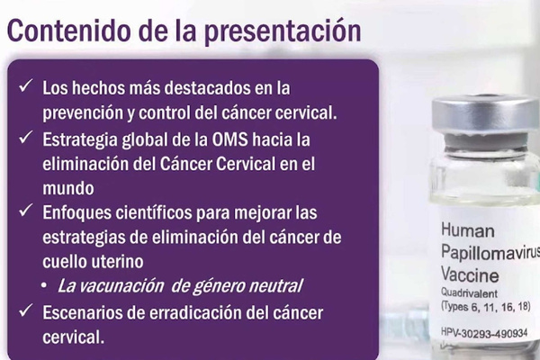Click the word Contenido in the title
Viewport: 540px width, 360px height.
[68, 31]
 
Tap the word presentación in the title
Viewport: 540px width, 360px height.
[283, 32]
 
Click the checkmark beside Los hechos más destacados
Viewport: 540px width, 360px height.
[26, 85]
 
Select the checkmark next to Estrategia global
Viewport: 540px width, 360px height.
[26, 137]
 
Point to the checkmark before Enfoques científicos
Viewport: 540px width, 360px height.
[26, 210]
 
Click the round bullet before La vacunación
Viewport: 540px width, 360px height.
[44, 285]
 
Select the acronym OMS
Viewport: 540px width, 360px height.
[229, 139]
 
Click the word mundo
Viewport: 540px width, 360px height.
[68, 188]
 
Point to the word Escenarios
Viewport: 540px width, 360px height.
[82, 313]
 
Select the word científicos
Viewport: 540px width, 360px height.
[154, 212]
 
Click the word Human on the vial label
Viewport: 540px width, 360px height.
[468, 230]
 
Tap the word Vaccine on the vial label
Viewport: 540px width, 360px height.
[470, 274]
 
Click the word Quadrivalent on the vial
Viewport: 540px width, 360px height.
[469, 293]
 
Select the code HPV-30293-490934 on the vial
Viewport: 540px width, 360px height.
[484, 333]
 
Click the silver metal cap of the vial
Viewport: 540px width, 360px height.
[486, 112]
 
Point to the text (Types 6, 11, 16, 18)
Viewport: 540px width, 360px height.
[486, 307]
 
